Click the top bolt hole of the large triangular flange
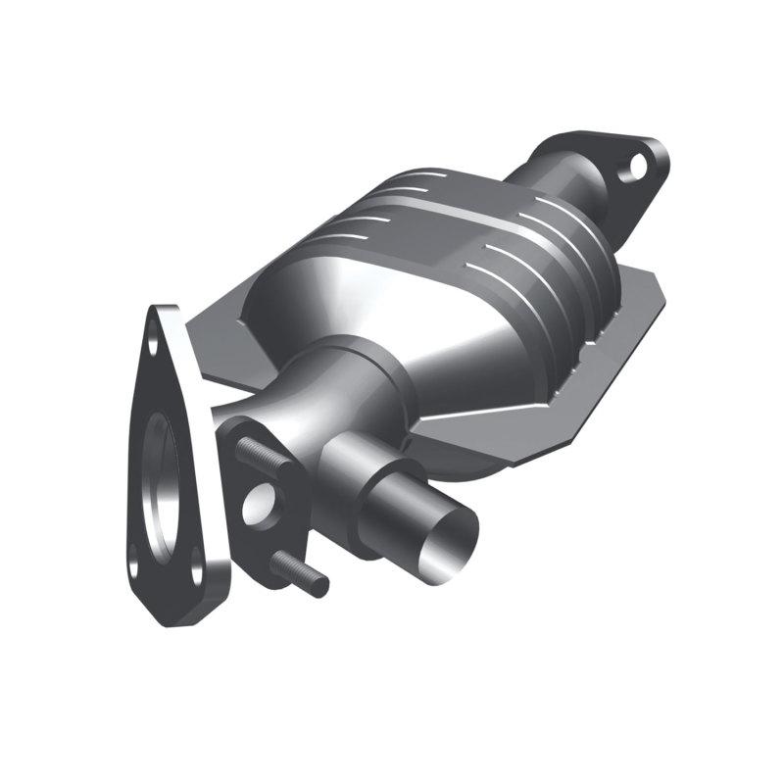tap(154, 344)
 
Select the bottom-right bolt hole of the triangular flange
tap(197, 565)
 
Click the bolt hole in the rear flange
tap(638, 164)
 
